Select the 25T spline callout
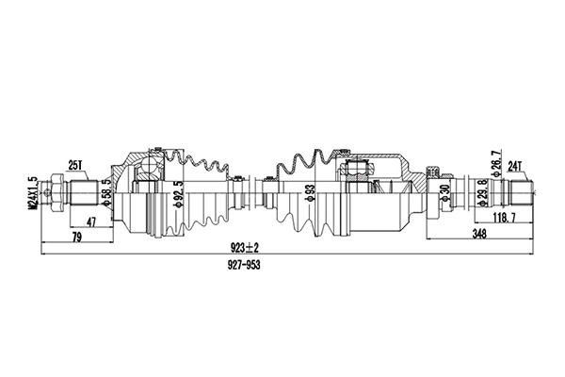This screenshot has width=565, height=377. click(x=76, y=166)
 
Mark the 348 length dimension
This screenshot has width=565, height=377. click(x=481, y=235)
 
